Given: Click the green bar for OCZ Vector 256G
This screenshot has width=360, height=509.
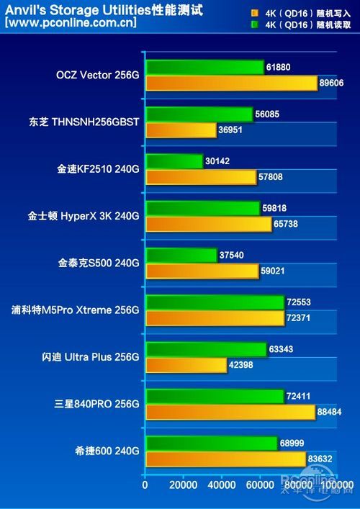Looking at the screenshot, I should click(x=204, y=68).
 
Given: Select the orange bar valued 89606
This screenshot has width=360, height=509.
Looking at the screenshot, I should click(x=231, y=84).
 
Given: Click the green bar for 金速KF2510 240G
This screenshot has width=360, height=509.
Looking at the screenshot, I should click(x=174, y=161).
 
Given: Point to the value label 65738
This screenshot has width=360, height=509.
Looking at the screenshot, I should click(x=289, y=224).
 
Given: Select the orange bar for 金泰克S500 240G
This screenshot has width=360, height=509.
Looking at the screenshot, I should click(x=202, y=271).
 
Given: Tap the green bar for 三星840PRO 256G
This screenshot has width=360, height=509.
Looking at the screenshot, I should click(x=215, y=395).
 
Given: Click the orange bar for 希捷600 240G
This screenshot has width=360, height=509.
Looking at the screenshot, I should click(x=225, y=458).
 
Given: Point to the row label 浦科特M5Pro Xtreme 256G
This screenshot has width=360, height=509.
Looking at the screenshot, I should click(x=75, y=310).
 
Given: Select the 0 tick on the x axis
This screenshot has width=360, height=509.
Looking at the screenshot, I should click(x=145, y=485).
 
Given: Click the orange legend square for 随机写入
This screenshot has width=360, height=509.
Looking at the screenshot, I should click(x=255, y=13).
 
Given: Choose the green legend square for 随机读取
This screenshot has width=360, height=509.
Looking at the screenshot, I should click(x=255, y=23).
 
